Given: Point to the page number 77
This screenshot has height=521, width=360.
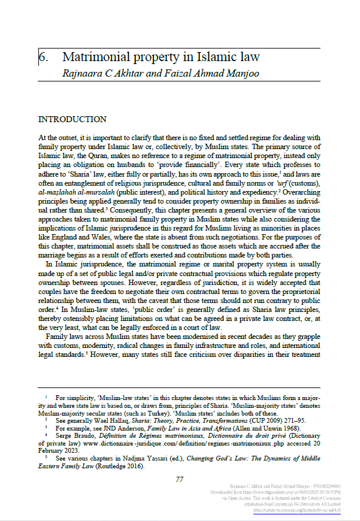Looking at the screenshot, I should coord(179,479).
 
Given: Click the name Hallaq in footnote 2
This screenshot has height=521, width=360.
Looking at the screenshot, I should coord(131,420).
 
